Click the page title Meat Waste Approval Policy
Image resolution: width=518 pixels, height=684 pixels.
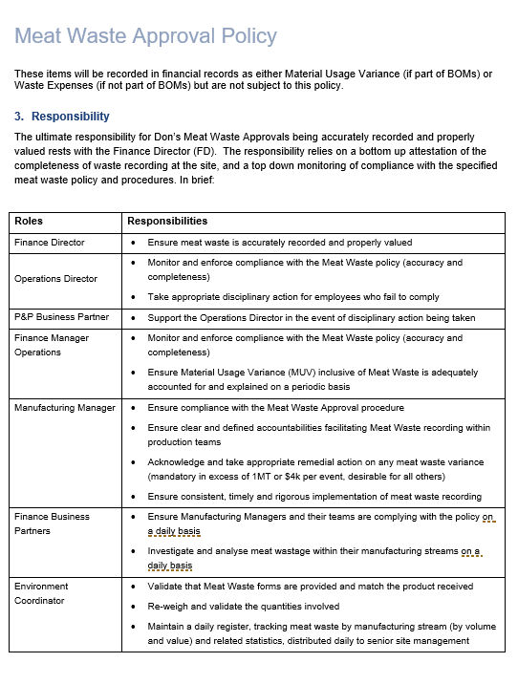click(x=145, y=36)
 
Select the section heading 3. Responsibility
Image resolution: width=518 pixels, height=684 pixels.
click(x=62, y=117)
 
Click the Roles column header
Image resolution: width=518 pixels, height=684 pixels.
click(x=29, y=221)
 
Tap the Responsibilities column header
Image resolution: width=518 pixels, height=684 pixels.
click(x=167, y=221)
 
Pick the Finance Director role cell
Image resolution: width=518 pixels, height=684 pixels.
click(x=50, y=243)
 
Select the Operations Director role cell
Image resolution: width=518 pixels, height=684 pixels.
click(x=55, y=279)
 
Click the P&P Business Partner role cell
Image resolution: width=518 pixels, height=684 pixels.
click(x=61, y=316)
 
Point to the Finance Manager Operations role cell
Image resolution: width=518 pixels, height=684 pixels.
click(x=52, y=345)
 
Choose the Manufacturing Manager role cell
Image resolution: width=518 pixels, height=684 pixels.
click(x=65, y=408)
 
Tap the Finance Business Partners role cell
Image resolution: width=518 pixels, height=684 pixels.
click(x=52, y=524)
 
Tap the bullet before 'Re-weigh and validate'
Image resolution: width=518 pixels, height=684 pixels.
click(x=134, y=607)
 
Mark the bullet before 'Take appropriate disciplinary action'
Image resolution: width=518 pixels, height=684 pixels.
click(x=134, y=297)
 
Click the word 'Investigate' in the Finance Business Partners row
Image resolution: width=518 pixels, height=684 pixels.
click(x=173, y=551)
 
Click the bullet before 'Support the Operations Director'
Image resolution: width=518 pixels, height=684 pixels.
click(x=134, y=316)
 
